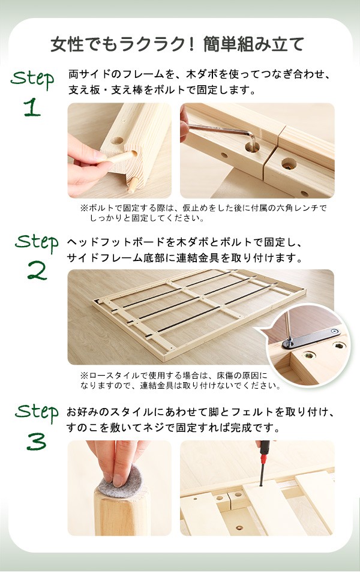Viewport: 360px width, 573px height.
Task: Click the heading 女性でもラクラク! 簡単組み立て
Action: click(x=177, y=44)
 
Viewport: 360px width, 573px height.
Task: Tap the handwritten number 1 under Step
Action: click(x=32, y=107)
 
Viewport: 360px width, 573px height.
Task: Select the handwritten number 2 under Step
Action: click(x=37, y=271)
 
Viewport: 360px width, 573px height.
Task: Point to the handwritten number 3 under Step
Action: click(x=37, y=441)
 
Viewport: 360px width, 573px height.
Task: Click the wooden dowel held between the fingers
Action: click(x=119, y=158)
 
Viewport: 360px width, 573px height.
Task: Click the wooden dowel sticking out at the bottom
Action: click(x=133, y=185)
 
